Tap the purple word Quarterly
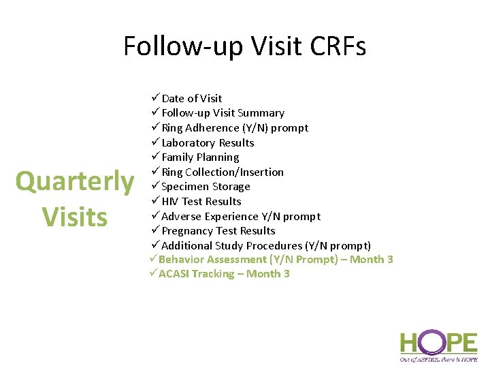(x=75, y=182)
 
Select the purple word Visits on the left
(x=75, y=217)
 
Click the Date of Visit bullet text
(x=191, y=98)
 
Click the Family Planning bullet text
(x=200, y=157)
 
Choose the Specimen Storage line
(x=206, y=187)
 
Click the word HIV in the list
(x=171, y=202)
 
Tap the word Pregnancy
(x=187, y=231)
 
